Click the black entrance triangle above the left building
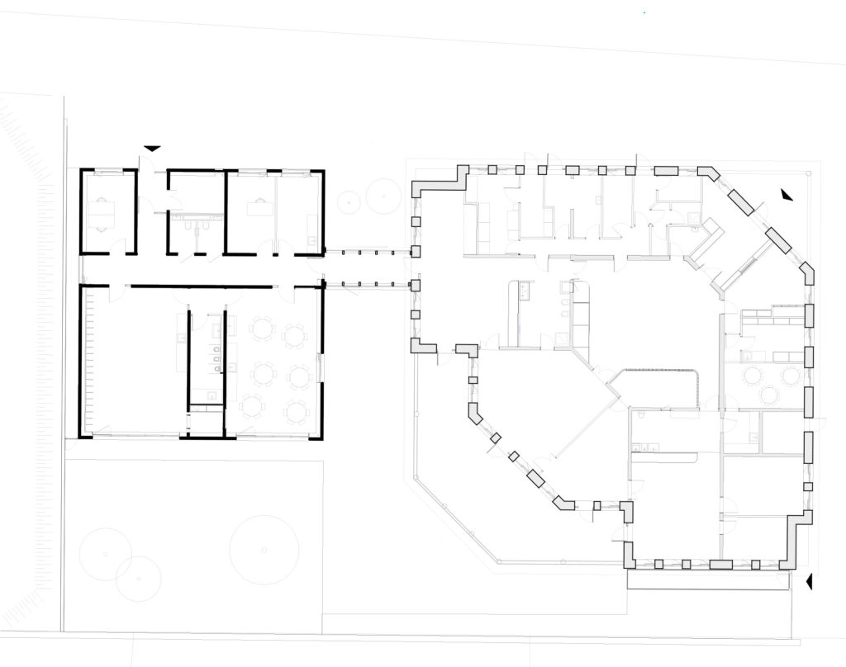click(152, 148)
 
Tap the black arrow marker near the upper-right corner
click(785, 195)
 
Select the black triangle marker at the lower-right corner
click(810, 581)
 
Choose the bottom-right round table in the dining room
click(296, 410)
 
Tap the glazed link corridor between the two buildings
click(367, 267)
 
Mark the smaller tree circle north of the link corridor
click(350, 199)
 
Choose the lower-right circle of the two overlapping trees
click(138, 578)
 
